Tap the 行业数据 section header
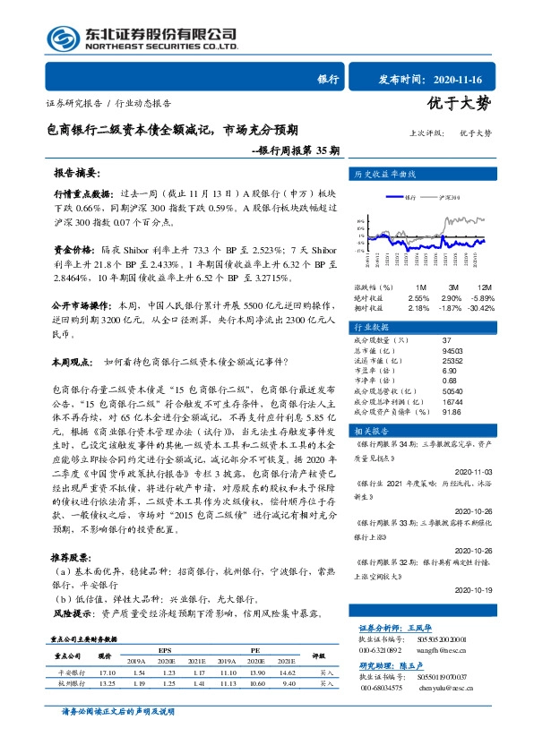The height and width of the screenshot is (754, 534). click(376, 328)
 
